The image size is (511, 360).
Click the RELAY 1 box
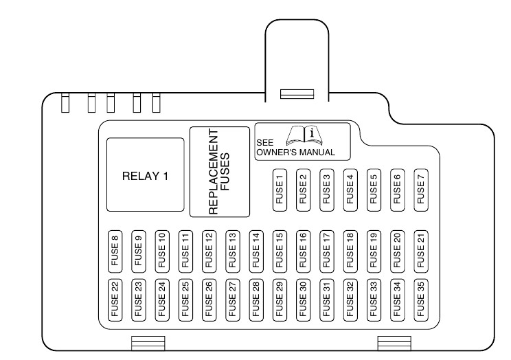click(x=145, y=175)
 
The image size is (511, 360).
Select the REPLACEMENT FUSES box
click(x=219, y=172)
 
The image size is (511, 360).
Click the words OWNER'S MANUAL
click(x=295, y=152)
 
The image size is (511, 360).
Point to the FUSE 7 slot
click(x=420, y=188)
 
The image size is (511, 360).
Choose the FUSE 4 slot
click(x=350, y=188)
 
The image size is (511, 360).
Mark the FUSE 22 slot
click(x=115, y=299)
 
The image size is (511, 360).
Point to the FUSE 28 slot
click(x=255, y=299)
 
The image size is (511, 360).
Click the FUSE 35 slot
click(x=420, y=299)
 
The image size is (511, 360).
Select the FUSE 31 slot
click(x=326, y=299)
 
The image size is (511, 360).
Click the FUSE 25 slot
click(x=185, y=299)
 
